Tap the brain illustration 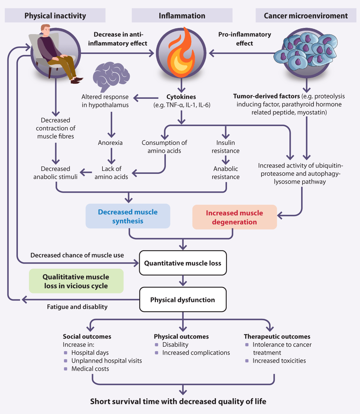coord(111,76)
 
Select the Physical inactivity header coord(55,16)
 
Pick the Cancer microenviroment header coord(306,16)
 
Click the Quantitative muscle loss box coord(183,263)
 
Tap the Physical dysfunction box coord(183,300)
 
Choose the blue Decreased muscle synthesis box coord(128,216)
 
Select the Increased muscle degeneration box coord(234,217)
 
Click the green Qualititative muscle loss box coord(76,281)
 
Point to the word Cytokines coord(181,97)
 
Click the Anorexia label coord(110,143)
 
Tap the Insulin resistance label coord(225,147)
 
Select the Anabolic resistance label coord(225,173)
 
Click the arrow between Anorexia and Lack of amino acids coord(111,156)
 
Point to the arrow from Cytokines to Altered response coord(146,97)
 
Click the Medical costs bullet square coord(66,369)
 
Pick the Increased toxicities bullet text coord(279,361)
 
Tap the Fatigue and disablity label coord(77,307)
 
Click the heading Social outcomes coord(87,337)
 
